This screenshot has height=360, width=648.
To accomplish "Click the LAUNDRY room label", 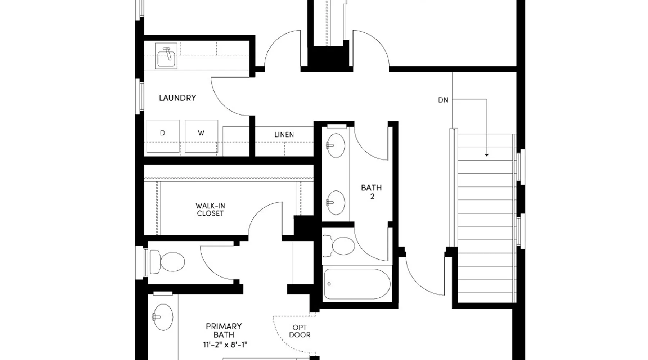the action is (x=177, y=98).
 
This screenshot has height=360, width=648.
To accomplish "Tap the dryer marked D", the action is (x=163, y=136).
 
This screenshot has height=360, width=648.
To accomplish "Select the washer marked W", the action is (x=201, y=136).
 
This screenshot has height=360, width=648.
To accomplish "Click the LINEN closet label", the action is (x=284, y=135).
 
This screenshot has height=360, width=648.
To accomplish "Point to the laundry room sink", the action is (x=166, y=56).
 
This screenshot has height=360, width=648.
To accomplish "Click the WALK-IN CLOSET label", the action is (x=210, y=210).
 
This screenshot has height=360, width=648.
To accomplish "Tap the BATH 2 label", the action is (x=372, y=192).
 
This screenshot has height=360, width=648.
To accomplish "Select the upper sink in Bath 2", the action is (x=336, y=145).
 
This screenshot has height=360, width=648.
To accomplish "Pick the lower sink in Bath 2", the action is (x=336, y=203).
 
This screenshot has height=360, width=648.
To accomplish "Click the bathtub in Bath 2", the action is (x=357, y=284).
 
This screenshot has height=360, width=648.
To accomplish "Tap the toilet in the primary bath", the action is (x=167, y=262).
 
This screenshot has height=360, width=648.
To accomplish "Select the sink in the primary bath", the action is (x=162, y=317).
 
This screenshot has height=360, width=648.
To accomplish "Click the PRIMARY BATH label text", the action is (x=224, y=330).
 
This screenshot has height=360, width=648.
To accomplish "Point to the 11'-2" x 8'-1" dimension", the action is (x=225, y=345).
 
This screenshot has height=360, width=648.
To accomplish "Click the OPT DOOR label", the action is (x=300, y=331).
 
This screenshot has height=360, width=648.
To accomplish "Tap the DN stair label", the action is (x=443, y=100).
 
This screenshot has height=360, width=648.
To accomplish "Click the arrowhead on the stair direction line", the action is (x=487, y=155).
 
